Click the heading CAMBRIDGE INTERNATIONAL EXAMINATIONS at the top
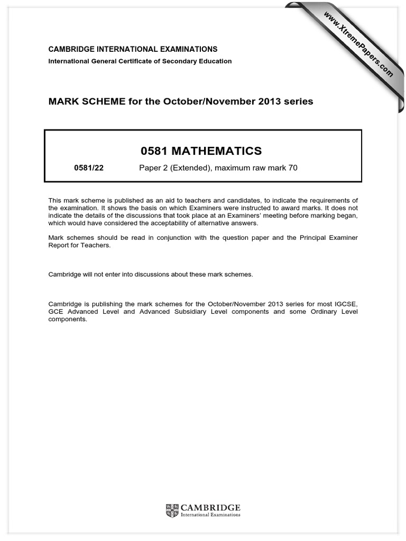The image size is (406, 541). click(133, 49)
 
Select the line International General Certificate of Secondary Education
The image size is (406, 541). click(140, 61)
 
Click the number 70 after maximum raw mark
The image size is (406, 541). click(293, 169)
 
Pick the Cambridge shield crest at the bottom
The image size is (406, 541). click(172, 510)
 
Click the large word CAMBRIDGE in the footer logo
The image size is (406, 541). click(210, 508)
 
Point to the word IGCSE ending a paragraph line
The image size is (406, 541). click(346, 304)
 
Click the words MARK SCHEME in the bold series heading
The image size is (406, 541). click(78, 101)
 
